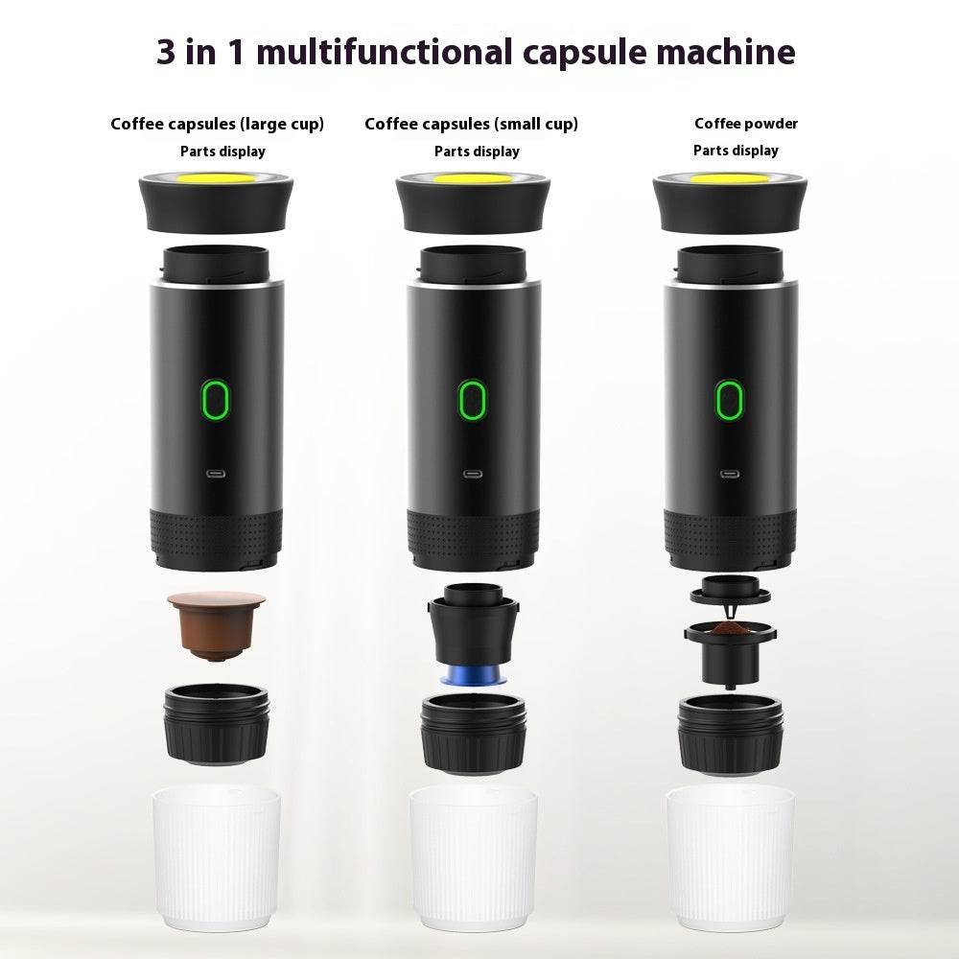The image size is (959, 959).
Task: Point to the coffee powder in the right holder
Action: pyautogui.click(x=730, y=629)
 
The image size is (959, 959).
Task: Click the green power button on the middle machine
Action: pyautogui.click(x=472, y=399)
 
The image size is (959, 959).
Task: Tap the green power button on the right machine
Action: pyautogui.click(x=729, y=399)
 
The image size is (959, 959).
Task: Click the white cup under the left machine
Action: pyautogui.click(x=217, y=858)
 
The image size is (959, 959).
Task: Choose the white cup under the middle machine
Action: pyautogui.click(x=473, y=858)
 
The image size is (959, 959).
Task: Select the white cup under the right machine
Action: pyautogui.click(x=730, y=858)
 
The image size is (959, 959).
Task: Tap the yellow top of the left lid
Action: pyautogui.click(x=216, y=178)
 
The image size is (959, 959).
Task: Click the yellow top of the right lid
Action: pyautogui.click(x=730, y=178)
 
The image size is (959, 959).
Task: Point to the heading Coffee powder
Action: pyautogui.click(x=746, y=124)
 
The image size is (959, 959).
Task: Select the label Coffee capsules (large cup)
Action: pyautogui.click(x=217, y=124)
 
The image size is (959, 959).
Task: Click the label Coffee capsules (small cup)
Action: pyautogui.click(x=471, y=124)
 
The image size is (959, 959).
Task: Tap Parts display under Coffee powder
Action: pyautogui.click(x=736, y=151)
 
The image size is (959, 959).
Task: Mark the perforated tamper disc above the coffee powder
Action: pyautogui.click(x=730, y=587)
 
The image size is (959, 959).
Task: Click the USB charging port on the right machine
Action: pyautogui.click(x=729, y=473)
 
